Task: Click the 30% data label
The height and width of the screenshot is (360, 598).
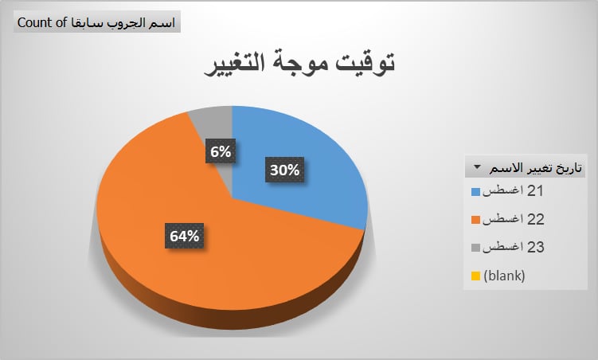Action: click(284, 170)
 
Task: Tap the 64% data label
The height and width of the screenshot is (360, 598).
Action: click(184, 236)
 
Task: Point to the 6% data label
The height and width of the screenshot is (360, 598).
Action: click(221, 151)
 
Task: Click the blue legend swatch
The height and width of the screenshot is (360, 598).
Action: click(475, 191)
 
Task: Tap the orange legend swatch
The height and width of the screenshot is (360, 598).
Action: click(475, 220)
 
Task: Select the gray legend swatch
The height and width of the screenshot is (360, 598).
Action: click(475, 248)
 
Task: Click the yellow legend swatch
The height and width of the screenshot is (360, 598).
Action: click(475, 276)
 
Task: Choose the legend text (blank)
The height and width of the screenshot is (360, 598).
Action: click(504, 276)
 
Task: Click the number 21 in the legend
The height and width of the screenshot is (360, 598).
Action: click(535, 191)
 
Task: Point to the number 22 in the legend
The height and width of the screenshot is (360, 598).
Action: click(535, 219)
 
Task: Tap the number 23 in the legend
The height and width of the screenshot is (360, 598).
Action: click(535, 247)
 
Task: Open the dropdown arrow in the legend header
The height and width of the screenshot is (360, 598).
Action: click(477, 167)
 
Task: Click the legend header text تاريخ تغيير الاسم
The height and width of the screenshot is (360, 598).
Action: click(536, 168)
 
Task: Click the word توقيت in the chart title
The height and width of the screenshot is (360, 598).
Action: click(365, 63)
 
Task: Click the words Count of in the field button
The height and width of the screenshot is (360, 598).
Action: click(42, 22)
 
